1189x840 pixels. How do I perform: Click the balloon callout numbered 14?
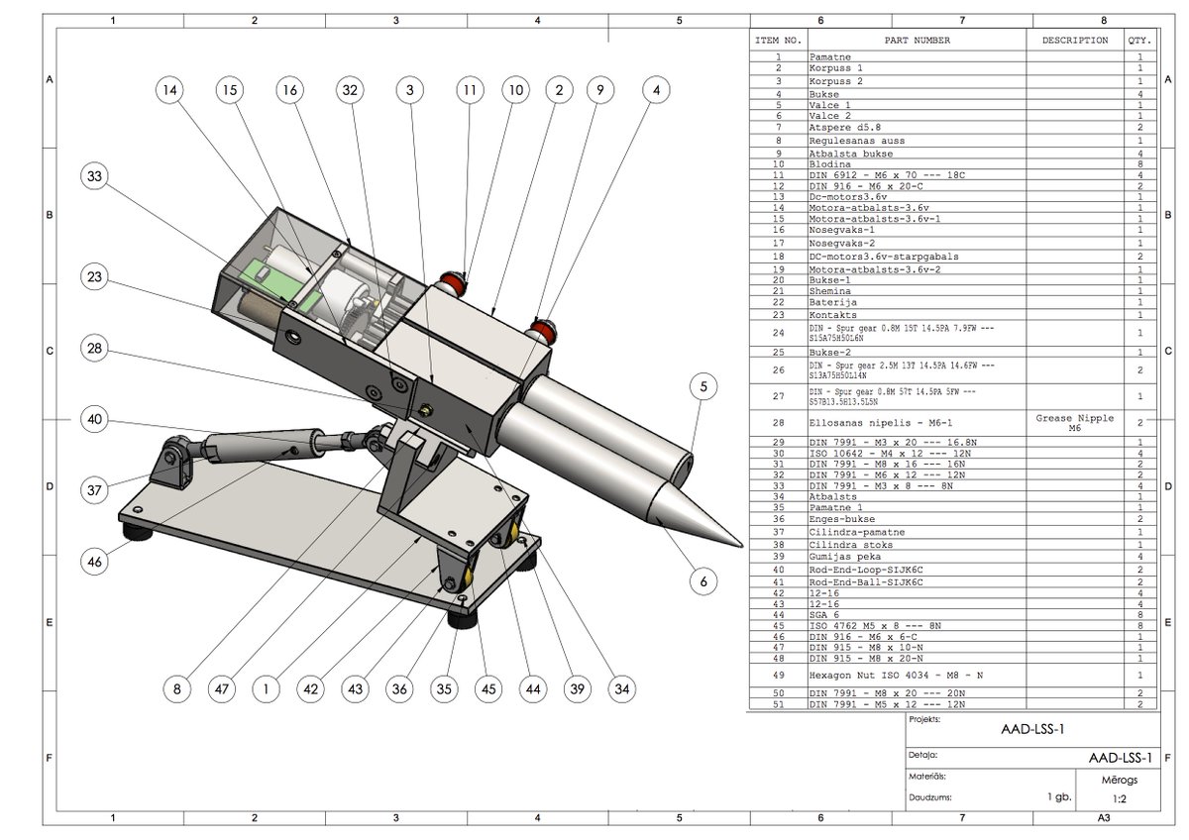tap(169, 90)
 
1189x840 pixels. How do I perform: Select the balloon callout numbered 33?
tap(95, 177)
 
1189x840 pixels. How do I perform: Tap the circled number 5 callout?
tap(703, 387)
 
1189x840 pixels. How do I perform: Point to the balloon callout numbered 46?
tap(95, 562)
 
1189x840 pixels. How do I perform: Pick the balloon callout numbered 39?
tap(575, 688)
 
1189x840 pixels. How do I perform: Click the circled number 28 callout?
tap(95, 350)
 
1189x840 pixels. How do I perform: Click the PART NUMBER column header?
tap(917, 41)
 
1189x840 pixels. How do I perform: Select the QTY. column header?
tap(1138, 41)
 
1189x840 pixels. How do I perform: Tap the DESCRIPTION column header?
tap(1075, 41)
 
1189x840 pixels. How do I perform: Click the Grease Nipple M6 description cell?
tap(1075, 423)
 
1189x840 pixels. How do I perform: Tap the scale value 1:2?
tap(1120, 797)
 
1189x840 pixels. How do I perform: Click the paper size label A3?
tap(1103, 818)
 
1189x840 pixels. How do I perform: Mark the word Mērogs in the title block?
tap(1120, 780)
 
